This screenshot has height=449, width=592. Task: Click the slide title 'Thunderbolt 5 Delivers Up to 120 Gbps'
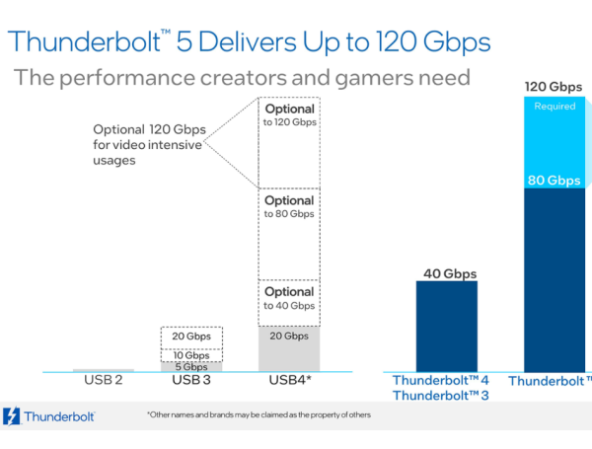coord(248,42)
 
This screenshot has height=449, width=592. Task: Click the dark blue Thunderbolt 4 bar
coord(446,326)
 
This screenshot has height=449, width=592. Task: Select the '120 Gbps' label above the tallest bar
coord(553,87)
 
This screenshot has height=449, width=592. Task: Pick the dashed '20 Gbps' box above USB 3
coord(190,337)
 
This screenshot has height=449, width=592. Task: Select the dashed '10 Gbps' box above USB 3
coord(190,353)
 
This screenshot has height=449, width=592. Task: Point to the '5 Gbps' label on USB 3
coord(190,366)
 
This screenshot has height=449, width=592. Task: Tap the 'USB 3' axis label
coord(190,381)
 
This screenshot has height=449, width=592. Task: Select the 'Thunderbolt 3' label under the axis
coord(441,396)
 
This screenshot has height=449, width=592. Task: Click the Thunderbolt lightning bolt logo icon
coord(13,416)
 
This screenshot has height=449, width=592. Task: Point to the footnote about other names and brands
coord(259,414)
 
